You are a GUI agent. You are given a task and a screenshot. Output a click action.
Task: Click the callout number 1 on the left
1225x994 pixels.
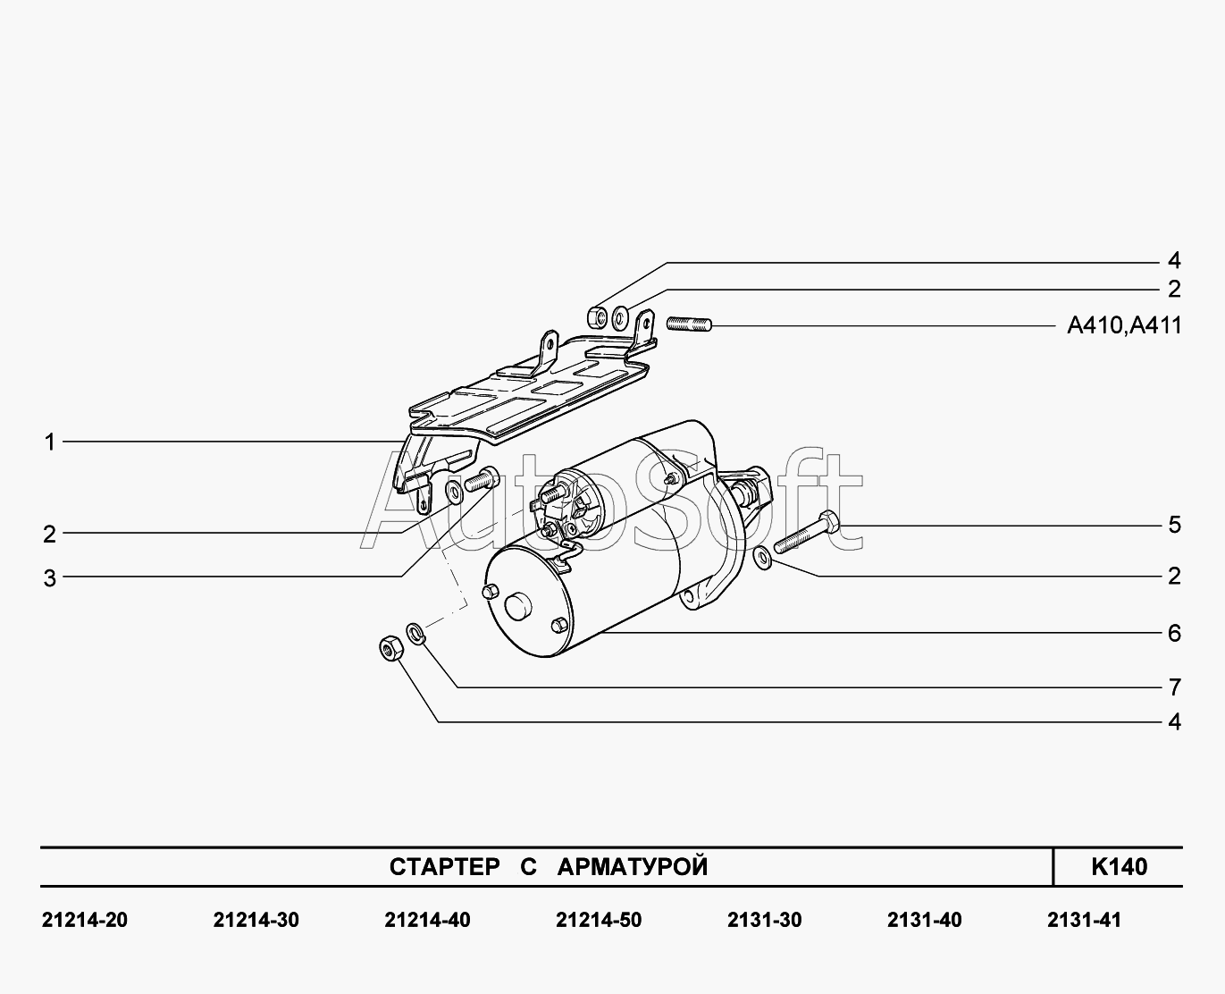click(x=50, y=442)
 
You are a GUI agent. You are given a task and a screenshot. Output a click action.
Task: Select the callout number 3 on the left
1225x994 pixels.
click(x=50, y=578)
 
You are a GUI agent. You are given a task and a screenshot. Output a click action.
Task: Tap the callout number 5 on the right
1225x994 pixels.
click(x=1174, y=525)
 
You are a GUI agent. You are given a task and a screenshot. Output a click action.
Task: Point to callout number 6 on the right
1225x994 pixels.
click(x=1174, y=634)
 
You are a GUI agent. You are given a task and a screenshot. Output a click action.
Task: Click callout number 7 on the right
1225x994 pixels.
click(x=1174, y=687)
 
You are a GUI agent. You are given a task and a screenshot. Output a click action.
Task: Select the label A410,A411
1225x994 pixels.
click(x=1124, y=325)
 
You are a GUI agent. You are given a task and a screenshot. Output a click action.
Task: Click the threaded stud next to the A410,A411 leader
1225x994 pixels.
click(x=688, y=324)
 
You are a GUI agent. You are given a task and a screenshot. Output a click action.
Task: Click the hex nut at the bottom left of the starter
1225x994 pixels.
click(x=390, y=649)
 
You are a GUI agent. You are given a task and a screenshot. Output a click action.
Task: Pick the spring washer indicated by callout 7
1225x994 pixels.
click(x=415, y=634)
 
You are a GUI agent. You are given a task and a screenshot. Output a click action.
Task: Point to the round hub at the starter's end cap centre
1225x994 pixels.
click(x=517, y=606)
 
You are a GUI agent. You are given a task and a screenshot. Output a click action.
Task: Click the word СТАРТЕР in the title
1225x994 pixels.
click(x=444, y=867)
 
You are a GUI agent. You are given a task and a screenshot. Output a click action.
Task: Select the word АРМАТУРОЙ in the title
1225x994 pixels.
click(x=632, y=867)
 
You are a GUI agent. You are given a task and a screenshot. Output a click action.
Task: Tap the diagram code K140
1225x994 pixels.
click(x=1119, y=866)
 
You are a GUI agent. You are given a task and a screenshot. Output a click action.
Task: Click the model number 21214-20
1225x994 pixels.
click(x=85, y=920)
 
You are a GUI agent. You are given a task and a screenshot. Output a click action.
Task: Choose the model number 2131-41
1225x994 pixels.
click(x=1084, y=920)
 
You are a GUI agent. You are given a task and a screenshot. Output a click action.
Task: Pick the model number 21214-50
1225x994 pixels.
click(x=599, y=920)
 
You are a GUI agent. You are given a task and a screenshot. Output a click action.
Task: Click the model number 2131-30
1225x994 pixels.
click(x=765, y=920)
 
